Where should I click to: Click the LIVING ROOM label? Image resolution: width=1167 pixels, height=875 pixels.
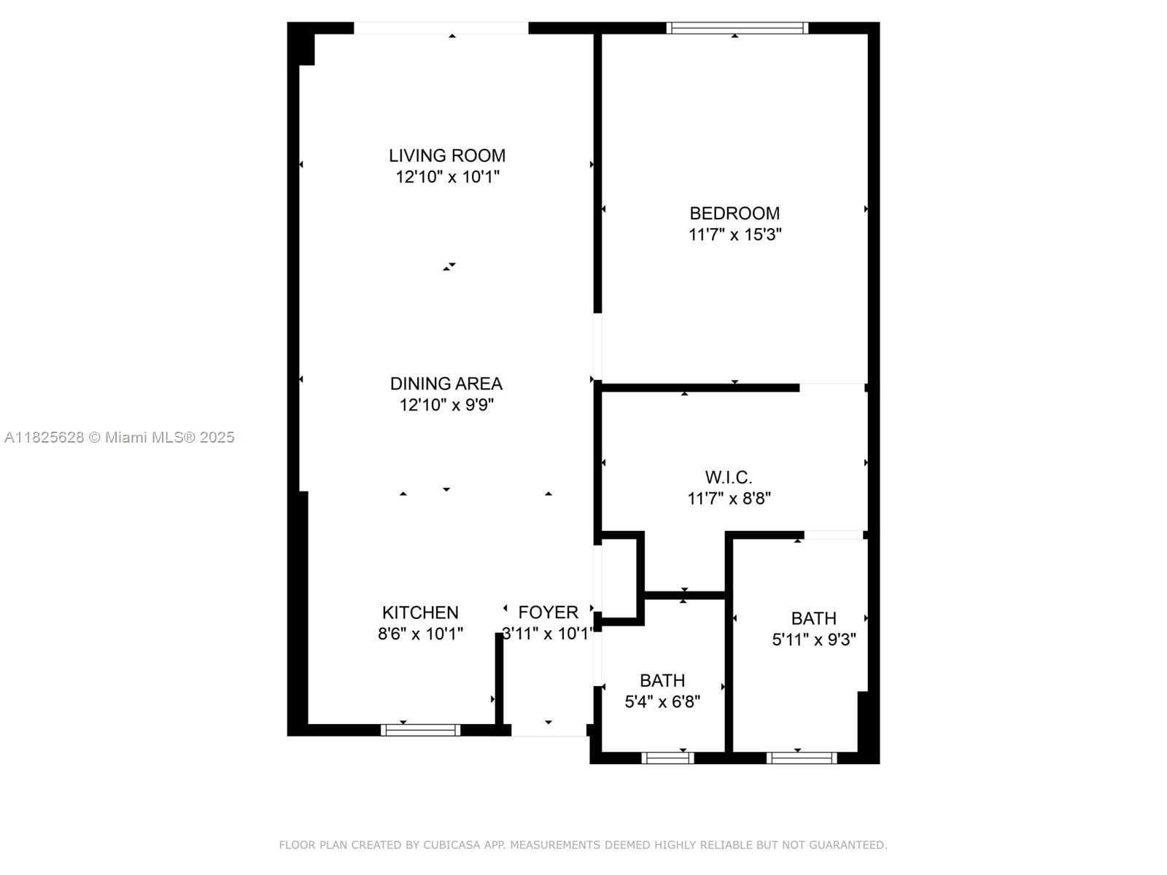[446, 155]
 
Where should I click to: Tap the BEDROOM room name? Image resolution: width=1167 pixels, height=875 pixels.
[734, 213]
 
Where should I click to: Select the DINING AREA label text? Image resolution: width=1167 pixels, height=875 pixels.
[446, 384]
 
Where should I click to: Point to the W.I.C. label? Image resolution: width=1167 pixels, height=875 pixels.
[729, 477]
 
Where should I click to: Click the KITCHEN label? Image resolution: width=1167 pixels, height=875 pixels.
[420, 612]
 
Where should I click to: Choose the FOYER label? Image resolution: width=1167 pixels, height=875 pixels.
[548, 612]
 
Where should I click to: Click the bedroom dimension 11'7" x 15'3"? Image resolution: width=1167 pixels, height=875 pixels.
[734, 234]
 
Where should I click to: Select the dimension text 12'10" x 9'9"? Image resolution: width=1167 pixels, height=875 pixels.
[446, 405]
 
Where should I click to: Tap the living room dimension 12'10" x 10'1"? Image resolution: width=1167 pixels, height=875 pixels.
[447, 176]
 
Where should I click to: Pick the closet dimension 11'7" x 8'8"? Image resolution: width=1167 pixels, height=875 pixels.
[729, 498]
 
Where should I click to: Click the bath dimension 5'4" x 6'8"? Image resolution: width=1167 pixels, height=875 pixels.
[662, 701]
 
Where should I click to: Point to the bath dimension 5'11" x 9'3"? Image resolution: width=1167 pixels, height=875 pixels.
[814, 639]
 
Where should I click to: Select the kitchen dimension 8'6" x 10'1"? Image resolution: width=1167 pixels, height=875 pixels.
[420, 633]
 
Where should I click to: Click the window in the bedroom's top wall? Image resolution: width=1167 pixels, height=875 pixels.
[737, 28]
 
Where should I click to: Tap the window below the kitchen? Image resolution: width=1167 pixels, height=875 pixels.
[421, 730]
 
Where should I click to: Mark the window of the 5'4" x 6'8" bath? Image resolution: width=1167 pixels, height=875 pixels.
[667, 758]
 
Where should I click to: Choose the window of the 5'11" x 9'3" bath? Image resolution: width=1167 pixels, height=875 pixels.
[802, 758]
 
